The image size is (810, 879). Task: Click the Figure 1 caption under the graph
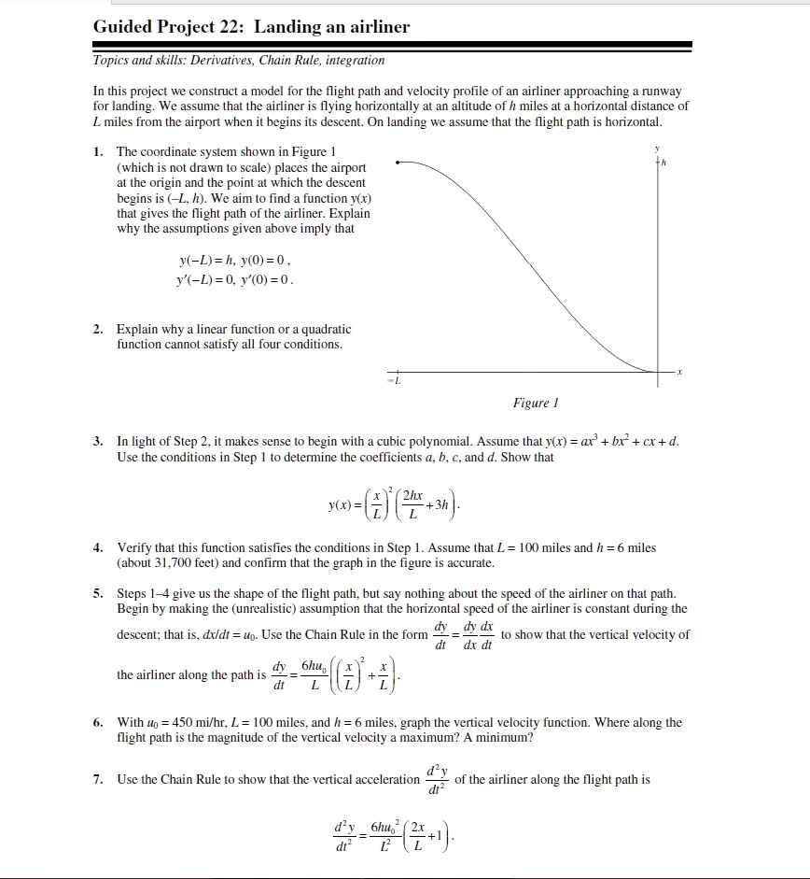point(535,403)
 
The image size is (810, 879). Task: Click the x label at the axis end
point(681,372)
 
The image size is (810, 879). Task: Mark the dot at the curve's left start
point(398,162)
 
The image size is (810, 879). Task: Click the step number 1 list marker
point(98,151)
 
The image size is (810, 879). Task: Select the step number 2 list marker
point(98,330)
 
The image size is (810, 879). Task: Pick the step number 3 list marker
point(98,441)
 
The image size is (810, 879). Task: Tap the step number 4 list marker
point(98,547)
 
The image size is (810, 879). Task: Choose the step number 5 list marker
point(98,594)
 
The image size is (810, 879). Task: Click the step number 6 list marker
point(98,723)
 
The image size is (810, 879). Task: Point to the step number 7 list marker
point(98,779)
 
